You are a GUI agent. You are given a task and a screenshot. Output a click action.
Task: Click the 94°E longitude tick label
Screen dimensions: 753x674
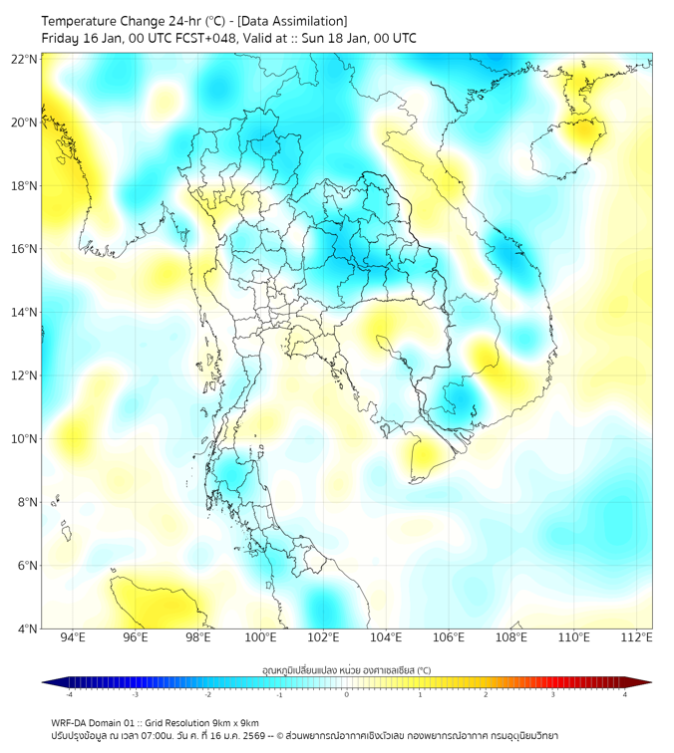73,637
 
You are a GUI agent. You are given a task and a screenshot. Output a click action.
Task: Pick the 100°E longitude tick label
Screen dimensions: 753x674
260,637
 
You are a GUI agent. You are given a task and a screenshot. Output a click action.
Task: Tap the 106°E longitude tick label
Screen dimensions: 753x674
449,637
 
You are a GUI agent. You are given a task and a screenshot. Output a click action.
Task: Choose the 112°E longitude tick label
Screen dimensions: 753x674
636,637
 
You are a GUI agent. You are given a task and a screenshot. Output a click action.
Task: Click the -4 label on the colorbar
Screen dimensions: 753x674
69,694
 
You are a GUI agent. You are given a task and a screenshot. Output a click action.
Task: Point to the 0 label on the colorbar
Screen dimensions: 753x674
347,694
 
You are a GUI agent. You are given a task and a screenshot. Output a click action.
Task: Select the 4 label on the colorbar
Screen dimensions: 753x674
625,694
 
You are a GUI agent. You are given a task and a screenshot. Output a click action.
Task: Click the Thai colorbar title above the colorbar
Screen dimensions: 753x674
346,669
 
